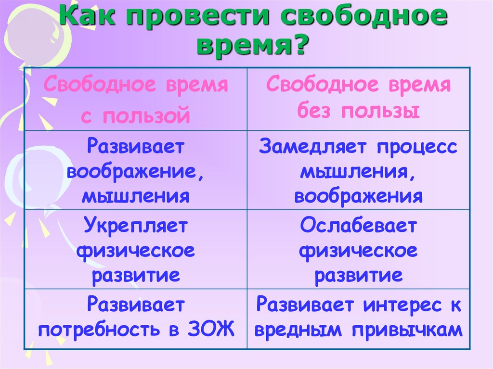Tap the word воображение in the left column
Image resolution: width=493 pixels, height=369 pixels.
coord(134,172)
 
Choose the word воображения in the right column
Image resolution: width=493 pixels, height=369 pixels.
coord(358,197)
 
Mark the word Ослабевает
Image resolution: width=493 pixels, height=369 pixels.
coord(358,226)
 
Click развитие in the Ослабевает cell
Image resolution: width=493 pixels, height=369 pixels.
coord(358,276)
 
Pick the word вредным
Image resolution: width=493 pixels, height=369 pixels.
coord(301,330)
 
